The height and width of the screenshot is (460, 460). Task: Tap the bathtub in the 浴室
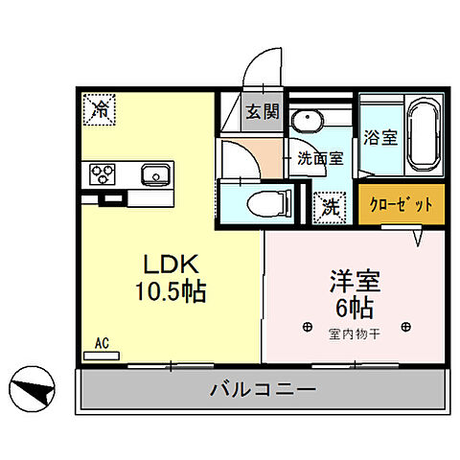pos(423,136)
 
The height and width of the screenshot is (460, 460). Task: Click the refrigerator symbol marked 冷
pos(99,109)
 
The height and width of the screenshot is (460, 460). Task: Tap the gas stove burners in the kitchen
pos(103,173)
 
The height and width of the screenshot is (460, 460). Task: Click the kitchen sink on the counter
pos(154,174)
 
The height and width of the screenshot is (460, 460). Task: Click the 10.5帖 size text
pos(172,289)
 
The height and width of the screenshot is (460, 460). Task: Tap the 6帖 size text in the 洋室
pos(356,308)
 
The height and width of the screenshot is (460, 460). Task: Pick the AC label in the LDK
pos(101,342)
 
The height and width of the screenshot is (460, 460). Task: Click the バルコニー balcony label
pos(262,391)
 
